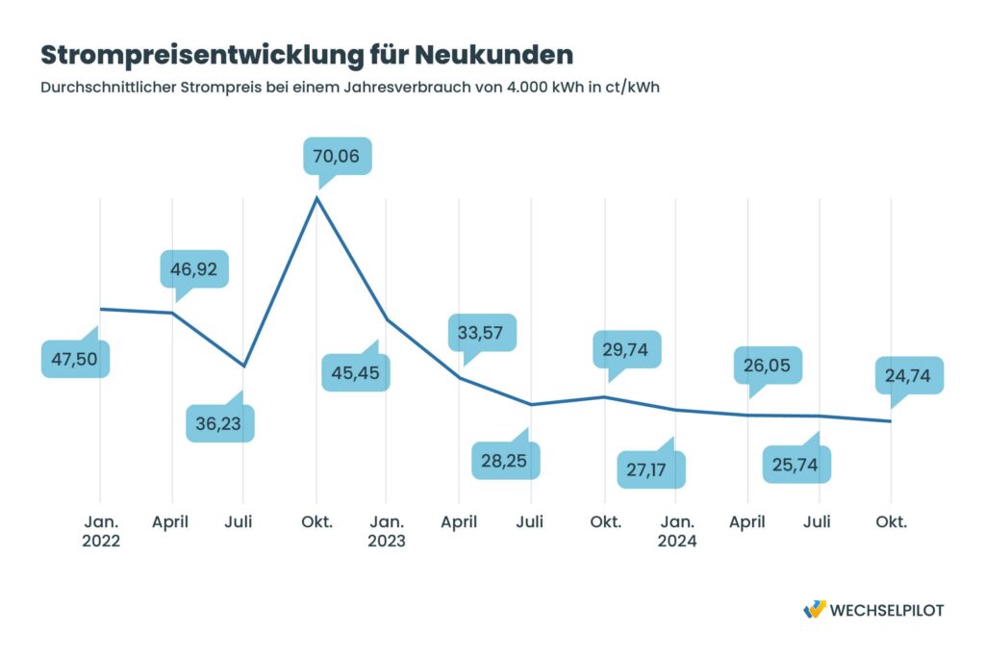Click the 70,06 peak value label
337,156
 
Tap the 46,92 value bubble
195,268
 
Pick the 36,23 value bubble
220,423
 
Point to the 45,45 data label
356,372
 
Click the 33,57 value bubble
482,332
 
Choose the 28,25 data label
506,460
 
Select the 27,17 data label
651,470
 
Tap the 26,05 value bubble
770,365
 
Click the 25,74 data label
796,465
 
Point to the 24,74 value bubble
909,375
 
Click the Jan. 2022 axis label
101,531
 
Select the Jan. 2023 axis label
386,531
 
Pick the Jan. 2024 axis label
676,531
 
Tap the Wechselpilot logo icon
814,610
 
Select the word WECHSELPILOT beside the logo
886,610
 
